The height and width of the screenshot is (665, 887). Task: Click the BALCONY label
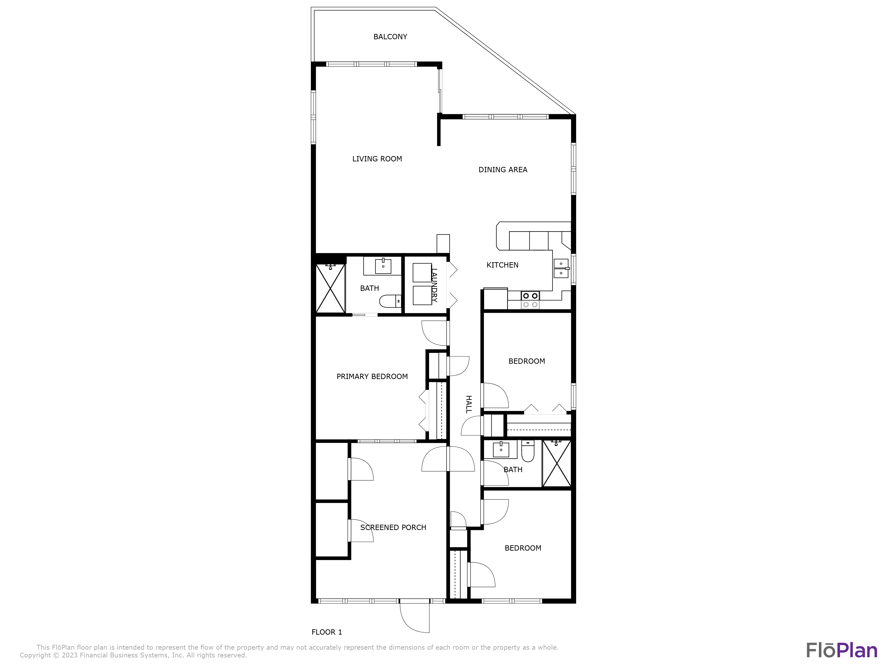pyautogui.click(x=390, y=37)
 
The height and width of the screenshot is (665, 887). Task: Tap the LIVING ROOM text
pyautogui.click(x=377, y=159)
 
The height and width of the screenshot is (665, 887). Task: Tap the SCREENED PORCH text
pyautogui.click(x=393, y=528)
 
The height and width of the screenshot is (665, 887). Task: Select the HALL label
pyautogui.click(x=468, y=404)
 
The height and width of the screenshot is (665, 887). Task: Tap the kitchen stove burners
pyautogui.click(x=530, y=300)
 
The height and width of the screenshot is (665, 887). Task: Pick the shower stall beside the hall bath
pyautogui.click(x=557, y=464)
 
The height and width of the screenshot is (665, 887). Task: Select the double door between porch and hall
pyautogui.click(x=448, y=459)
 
